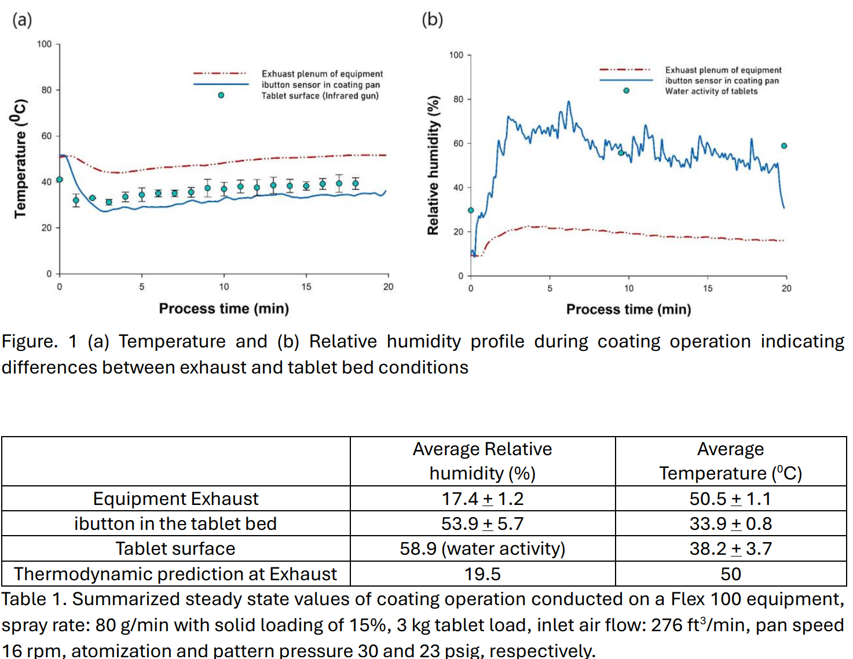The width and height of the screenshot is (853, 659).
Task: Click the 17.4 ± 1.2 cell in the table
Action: coord(482,499)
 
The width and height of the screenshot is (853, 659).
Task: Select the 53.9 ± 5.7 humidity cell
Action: coord(482,523)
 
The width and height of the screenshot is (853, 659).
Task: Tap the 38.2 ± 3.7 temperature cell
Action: coord(730,548)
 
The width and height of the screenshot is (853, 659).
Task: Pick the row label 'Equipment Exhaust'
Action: coord(175,499)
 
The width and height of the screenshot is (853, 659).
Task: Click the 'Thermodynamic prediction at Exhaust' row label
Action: coord(175,574)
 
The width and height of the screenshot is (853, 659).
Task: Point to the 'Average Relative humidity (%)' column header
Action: coord(482,461)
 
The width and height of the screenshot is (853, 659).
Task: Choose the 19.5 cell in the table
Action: coord(482,574)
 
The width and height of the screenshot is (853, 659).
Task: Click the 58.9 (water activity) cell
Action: coord(482,548)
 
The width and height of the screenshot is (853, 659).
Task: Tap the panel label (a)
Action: coord(22,20)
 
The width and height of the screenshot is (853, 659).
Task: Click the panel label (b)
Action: coord(432,20)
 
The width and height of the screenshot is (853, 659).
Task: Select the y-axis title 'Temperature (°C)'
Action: coord(20,158)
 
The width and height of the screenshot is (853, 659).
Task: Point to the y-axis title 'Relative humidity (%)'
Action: coord(433,165)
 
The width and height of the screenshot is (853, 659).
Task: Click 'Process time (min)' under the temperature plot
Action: coord(224,309)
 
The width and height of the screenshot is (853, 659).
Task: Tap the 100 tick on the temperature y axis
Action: coord(44,44)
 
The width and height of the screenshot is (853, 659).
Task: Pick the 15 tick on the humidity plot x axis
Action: coord(708,288)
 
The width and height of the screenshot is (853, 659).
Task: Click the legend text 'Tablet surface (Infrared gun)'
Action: coord(320,96)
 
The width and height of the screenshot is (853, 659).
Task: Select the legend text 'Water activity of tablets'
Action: coord(711,91)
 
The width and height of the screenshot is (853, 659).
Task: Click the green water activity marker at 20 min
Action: coord(784,146)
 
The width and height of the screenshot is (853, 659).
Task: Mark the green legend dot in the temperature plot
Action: coord(221,95)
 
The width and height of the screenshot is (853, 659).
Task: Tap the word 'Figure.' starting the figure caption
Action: coord(30,341)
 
